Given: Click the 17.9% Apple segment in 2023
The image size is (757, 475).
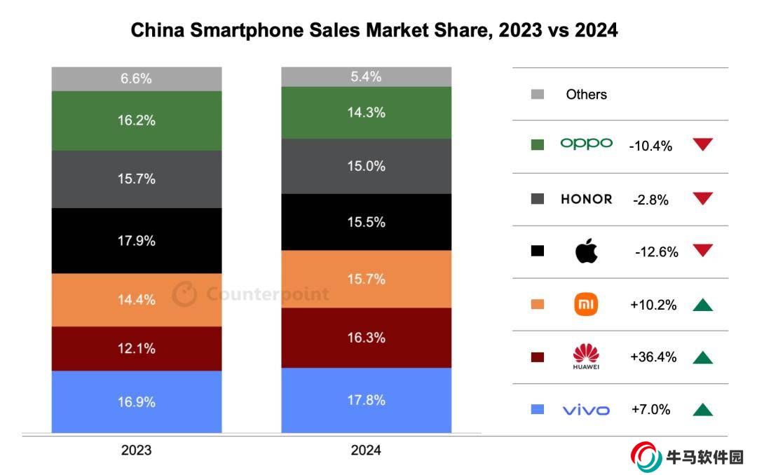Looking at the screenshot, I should tap(137, 241).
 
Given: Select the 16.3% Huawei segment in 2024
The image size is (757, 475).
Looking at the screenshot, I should tap(366, 338).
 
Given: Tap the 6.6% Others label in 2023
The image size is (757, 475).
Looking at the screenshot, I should tap(137, 78).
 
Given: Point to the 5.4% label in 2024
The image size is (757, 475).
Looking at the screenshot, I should tap(366, 77).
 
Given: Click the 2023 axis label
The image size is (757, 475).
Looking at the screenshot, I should tap(136, 450).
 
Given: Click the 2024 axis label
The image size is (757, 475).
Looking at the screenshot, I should tap(366, 450).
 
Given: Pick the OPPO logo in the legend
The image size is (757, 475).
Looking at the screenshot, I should tap(586, 144).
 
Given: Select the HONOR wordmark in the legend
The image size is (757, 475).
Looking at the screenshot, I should tap(586, 199).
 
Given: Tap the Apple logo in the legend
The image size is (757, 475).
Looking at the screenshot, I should tap(586, 251).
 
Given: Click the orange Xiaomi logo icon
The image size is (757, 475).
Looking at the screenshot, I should tap(586, 305).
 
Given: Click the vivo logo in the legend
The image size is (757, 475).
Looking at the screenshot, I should tap(586, 410).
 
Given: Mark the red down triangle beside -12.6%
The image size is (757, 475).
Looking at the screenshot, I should tap(702, 251).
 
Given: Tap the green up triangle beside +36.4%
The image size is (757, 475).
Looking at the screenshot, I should tap(702, 358).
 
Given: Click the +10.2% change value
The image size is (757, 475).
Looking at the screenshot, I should tap(653, 305).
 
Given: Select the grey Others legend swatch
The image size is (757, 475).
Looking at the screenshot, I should tap(538, 94).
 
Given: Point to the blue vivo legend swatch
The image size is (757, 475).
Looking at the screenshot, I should tap(538, 410).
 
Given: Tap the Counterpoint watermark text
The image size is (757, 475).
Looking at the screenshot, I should tap(267, 294).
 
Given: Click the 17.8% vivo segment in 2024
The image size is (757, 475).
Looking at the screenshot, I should tap(366, 400).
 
